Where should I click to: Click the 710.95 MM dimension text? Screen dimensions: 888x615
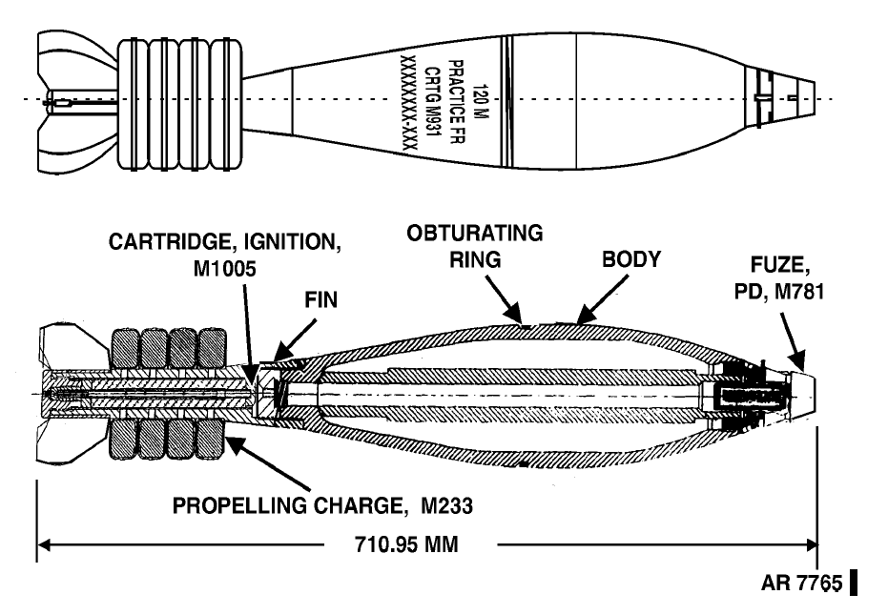pos(406,544)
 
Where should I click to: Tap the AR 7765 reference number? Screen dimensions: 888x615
pos(801,583)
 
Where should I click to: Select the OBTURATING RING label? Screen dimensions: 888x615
pos(475,246)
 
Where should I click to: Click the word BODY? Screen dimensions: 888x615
pos(631,259)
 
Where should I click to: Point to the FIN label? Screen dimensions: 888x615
pos(321,300)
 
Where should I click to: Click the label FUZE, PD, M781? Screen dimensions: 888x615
pos(778,278)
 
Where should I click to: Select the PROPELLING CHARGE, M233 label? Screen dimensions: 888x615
pos(322,505)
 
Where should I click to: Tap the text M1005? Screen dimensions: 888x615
pos(225,269)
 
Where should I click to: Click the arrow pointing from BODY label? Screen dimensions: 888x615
pos(603,299)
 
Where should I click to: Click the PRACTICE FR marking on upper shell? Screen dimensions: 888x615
pos(457,102)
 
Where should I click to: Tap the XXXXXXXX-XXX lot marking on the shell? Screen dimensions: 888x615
pos(408,103)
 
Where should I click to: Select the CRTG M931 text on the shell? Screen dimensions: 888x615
pos(432,103)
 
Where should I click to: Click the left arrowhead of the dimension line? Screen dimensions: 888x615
pos(44,545)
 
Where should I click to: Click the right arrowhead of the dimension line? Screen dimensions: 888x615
pos(811,545)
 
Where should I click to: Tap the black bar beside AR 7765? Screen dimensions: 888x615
pos(854,583)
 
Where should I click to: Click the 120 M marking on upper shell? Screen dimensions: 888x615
pos(480,102)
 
